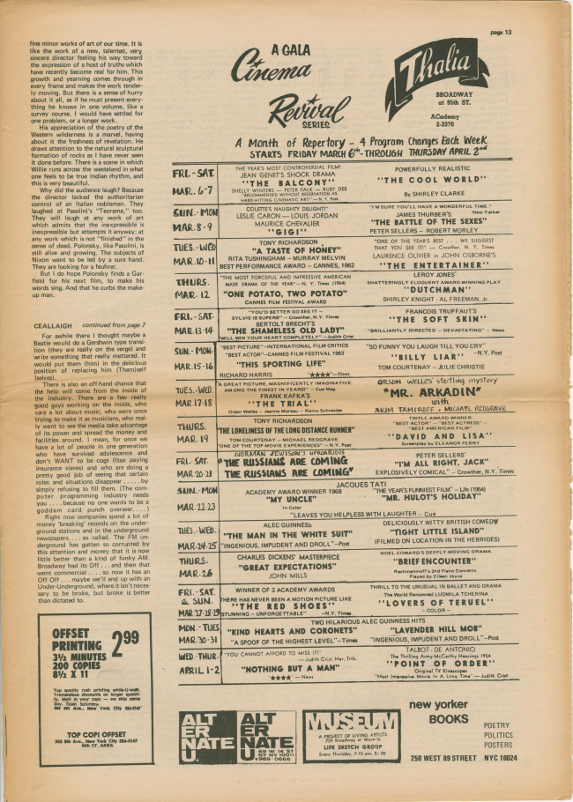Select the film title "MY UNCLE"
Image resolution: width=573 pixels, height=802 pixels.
click(x=255, y=498)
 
